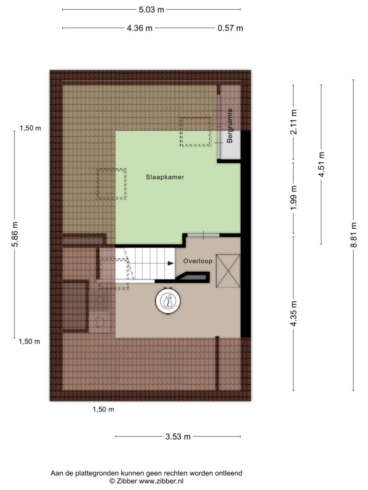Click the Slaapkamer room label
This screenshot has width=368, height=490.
[x=165, y=177]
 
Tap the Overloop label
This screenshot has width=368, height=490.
[x=198, y=261]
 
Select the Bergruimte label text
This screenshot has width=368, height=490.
[x=230, y=126]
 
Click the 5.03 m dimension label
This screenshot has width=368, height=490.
[x=151, y=10]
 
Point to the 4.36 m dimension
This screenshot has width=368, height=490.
[x=139, y=28]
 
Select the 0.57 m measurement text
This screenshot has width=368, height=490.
[x=230, y=28]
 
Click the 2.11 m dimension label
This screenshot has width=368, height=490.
[x=294, y=122]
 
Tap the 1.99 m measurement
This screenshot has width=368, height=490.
[x=294, y=198]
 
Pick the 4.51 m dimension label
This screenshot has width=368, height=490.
[x=322, y=165]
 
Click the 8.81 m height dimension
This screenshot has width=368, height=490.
[x=354, y=234]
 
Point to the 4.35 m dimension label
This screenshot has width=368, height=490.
[x=294, y=313]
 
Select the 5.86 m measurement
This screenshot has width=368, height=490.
[x=15, y=234]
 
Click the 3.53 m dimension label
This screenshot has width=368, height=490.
[x=178, y=436]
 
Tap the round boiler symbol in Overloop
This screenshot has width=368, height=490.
[x=168, y=301]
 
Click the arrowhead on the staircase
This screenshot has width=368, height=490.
[x=171, y=264]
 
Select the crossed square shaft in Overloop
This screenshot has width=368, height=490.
[x=228, y=271]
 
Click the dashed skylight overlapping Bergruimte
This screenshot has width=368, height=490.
[x=196, y=131]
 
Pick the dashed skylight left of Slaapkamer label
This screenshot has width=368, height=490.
[x=112, y=184]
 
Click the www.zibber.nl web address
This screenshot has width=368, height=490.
[x=161, y=481]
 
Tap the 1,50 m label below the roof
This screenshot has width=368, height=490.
[x=103, y=409]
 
